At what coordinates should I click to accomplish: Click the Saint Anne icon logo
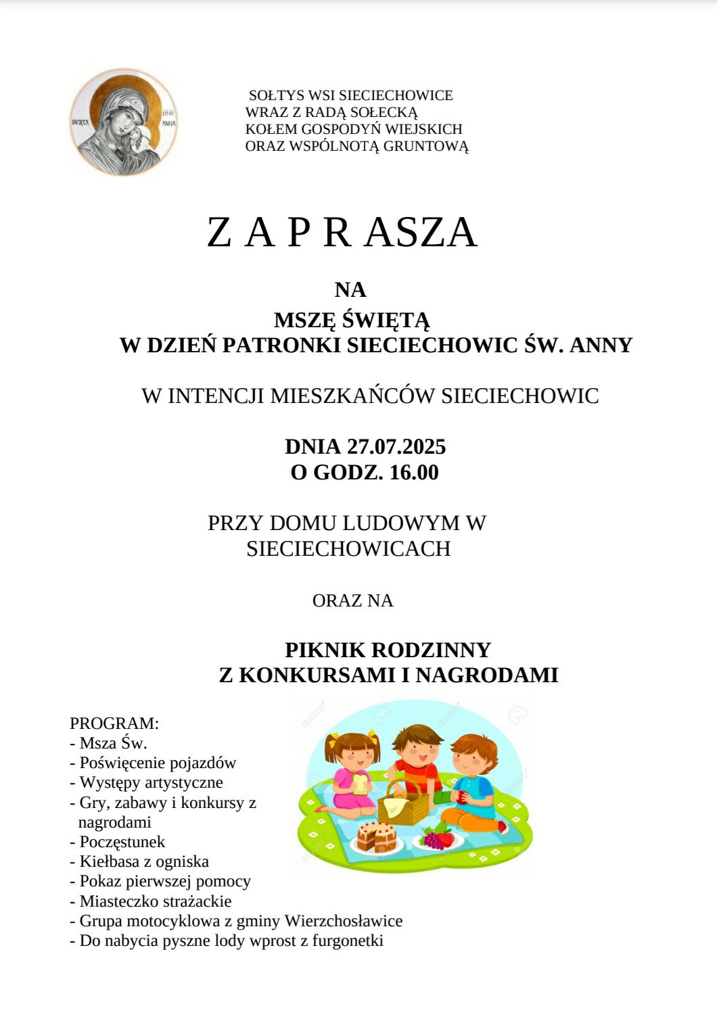click(123, 122)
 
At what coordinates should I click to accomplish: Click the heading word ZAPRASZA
click(342, 232)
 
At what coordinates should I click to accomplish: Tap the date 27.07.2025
click(396, 447)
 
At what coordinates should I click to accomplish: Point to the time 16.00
click(414, 473)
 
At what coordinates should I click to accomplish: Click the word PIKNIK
click(325, 650)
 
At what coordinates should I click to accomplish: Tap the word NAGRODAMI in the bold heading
click(486, 675)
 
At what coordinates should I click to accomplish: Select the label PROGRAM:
click(114, 723)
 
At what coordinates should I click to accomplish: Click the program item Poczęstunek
click(122, 842)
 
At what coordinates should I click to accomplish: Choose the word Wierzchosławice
click(344, 922)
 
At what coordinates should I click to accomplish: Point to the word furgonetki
click(348, 941)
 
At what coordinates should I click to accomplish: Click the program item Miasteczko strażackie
click(155, 902)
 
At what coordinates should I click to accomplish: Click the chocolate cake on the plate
click(376, 837)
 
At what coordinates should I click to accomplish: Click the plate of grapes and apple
click(438, 839)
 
